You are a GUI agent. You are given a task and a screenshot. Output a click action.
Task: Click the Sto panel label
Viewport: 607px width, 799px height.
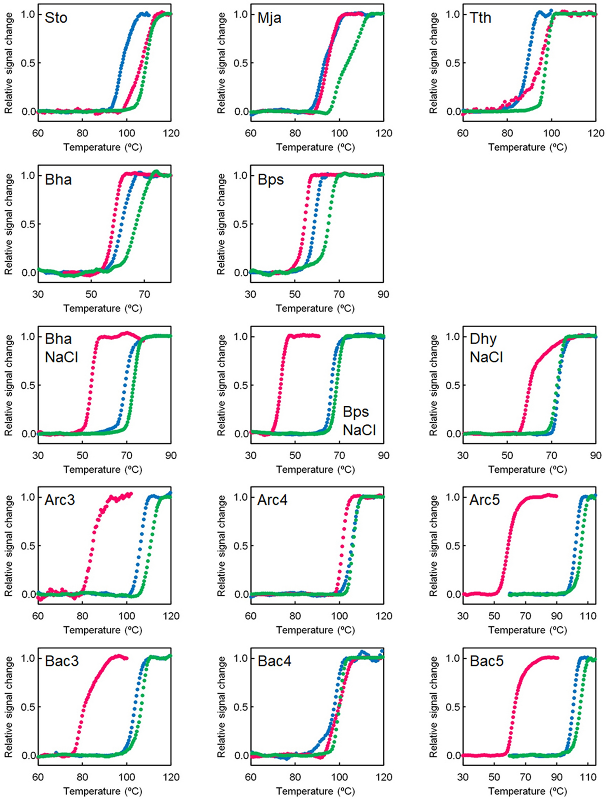tap(56, 18)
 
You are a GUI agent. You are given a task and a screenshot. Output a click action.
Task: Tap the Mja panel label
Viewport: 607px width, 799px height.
tap(269, 18)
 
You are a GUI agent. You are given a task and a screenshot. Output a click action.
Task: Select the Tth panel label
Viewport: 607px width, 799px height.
tap(480, 18)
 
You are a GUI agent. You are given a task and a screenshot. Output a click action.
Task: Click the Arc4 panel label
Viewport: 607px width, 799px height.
tap(272, 500)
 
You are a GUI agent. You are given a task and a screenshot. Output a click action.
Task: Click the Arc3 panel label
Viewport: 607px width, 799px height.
tap(60, 500)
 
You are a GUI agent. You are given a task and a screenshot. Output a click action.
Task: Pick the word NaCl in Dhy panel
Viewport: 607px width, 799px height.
tap(486, 357)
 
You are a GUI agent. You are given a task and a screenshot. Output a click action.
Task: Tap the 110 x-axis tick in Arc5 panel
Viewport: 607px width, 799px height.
tap(588, 616)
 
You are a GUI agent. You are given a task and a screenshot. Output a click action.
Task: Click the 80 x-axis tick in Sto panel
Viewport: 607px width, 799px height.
tap(82, 133)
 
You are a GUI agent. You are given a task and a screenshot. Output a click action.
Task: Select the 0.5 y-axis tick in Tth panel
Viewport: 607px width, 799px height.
tap(453, 63)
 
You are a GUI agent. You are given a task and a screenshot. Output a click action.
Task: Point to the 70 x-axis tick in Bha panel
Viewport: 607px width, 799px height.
tap(144, 294)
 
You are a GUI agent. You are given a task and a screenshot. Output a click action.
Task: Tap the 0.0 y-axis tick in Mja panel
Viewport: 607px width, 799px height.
tap(241, 112)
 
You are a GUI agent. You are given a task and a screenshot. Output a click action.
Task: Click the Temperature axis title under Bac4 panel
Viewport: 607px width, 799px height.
tap(315, 791)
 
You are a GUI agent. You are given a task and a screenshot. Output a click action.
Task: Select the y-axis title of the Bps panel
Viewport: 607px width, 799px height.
tap(221, 224)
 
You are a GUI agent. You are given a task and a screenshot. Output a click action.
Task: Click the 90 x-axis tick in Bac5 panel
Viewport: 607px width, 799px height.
tap(557, 777)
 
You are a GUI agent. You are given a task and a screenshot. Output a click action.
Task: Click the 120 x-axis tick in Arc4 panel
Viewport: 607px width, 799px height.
tap(384, 616)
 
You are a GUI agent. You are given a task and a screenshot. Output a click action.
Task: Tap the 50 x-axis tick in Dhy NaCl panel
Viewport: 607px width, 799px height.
tap(507, 456)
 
